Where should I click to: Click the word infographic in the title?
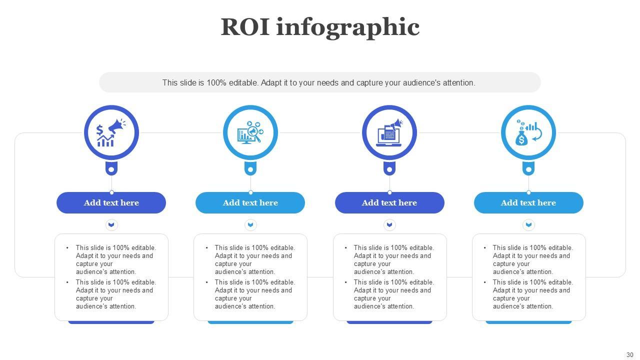(x=347, y=28)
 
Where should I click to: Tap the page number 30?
(x=629, y=355)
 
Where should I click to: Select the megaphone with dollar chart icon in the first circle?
(x=111, y=133)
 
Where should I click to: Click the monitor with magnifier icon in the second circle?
(x=250, y=133)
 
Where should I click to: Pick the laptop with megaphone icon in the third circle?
(x=389, y=133)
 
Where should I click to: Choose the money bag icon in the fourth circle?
(x=528, y=133)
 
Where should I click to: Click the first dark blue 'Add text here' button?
(x=111, y=202)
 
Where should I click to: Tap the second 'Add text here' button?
(x=250, y=202)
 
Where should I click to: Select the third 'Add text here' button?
(x=389, y=202)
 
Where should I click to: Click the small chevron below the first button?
(x=111, y=225)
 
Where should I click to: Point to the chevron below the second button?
(x=250, y=225)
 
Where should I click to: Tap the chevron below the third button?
(x=389, y=225)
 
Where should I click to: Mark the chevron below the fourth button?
(x=528, y=225)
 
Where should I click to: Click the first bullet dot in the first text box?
(x=67, y=247)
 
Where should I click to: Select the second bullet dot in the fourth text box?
(x=484, y=282)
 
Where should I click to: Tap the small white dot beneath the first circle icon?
(x=111, y=169)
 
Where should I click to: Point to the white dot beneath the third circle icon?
(x=389, y=169)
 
